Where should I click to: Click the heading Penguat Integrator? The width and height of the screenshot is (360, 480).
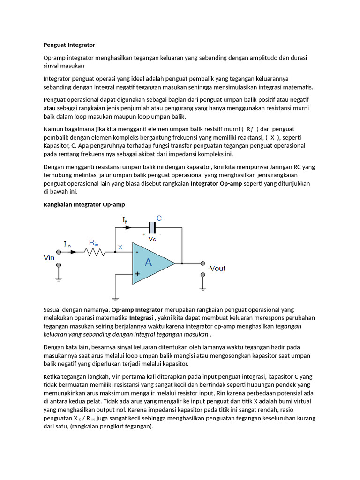click(x=69, y=45)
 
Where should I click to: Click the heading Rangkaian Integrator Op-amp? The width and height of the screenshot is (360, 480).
click(x=84, y=204)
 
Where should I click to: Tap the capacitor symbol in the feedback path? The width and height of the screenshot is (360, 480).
click(x=151, y=228)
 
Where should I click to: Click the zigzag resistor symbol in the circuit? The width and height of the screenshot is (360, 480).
click(x=94, y=252)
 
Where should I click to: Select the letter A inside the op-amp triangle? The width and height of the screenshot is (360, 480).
click(x=148, y=262)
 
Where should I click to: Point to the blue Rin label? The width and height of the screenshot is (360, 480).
click(x=94, y=242)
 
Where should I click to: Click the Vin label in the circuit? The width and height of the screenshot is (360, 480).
click(x=49, y=257)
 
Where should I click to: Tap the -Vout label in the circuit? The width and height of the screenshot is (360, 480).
click(x=216, y=269)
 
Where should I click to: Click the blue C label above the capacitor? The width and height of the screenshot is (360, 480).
click(x=159, y=218)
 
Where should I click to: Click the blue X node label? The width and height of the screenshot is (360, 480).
click(x=120, y=247)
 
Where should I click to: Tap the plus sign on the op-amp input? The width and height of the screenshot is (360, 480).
click(x=137, y=274)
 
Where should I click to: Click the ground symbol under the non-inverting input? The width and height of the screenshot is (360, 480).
click(x=114, y=297)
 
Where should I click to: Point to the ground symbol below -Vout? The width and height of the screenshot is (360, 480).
click(x=202, y=287)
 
